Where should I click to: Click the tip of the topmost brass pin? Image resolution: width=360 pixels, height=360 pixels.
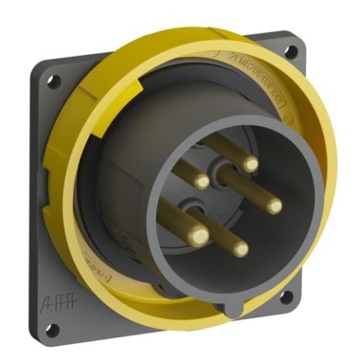pos(250,164)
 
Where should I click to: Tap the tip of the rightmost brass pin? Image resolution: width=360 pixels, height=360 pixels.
pos(274,204)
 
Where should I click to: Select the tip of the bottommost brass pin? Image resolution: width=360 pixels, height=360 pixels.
pos(240,249)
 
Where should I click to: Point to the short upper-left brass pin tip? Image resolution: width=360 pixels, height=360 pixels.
pos(201,181)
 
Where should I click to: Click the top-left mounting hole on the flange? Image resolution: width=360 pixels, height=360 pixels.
pos(55,75)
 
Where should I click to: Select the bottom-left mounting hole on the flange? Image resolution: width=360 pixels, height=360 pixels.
pos(53,327)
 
